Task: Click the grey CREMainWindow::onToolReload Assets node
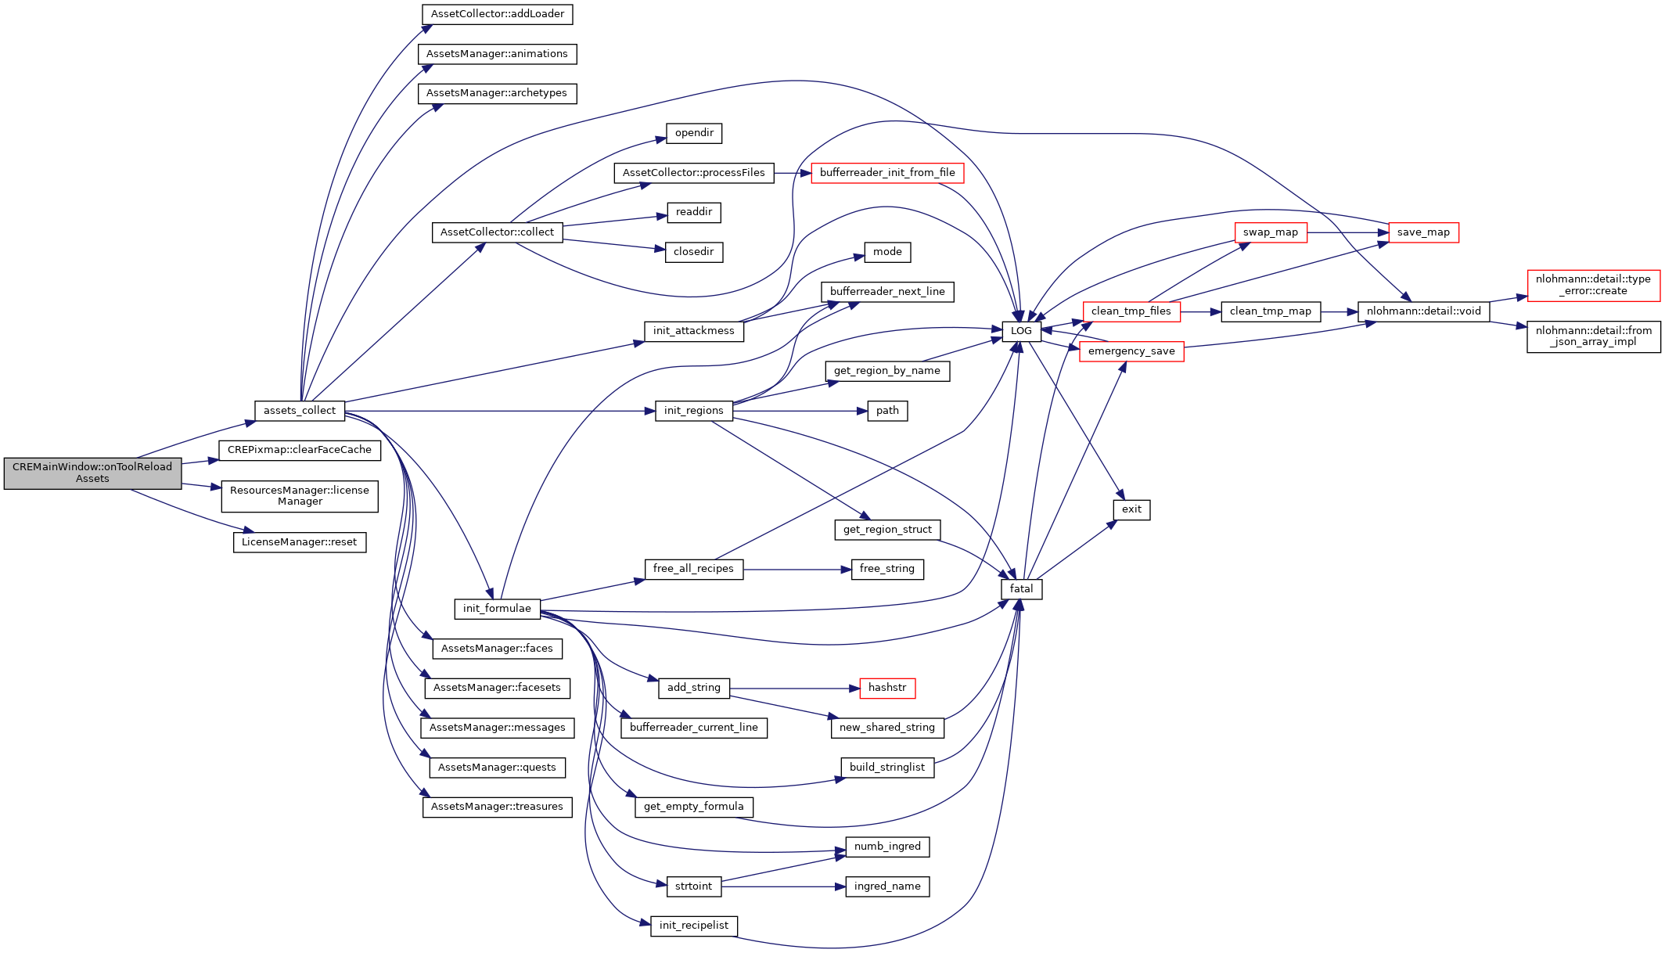(92, 473)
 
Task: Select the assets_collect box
(299, 411)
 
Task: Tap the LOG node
(1021, 331)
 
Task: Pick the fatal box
(1021, 589)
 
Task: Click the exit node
(1131, 509)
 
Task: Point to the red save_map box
(1423, 232)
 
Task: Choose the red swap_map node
(1270, 232)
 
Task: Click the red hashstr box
(886, 688)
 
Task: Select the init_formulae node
(497, 609)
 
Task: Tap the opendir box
(694, 133)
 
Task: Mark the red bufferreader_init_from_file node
(887, 173)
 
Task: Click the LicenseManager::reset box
(299, 542)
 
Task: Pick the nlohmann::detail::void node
(1423, 311)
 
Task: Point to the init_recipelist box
(693, 926)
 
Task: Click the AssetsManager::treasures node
(497, 807)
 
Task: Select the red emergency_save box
(1131, 351)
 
